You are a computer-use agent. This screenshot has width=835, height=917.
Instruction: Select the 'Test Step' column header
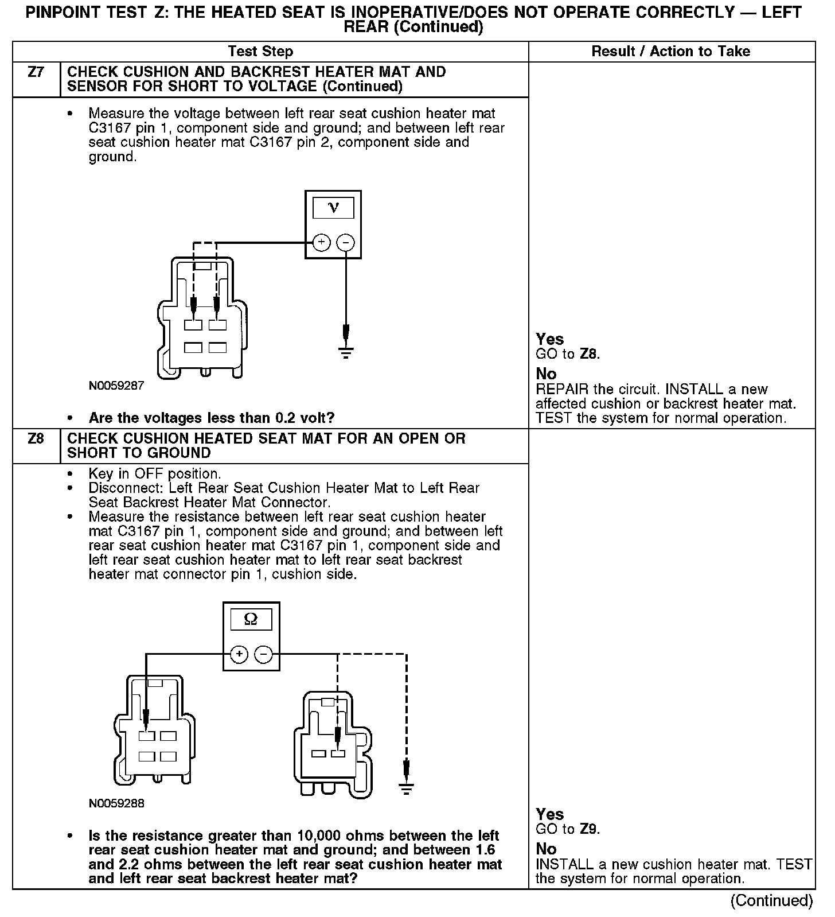260,52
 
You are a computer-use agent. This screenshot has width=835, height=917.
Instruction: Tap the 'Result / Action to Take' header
670,52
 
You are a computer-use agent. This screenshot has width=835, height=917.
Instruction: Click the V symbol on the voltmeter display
333,208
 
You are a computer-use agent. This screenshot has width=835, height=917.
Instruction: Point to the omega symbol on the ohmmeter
251,619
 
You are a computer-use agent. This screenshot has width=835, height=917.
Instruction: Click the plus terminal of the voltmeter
321,243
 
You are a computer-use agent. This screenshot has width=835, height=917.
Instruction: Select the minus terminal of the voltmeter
345,243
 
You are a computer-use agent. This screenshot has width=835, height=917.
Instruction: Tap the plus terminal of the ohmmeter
239,654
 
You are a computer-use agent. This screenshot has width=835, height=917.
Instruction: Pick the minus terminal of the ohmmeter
263,654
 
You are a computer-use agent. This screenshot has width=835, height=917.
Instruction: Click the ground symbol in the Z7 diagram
346,351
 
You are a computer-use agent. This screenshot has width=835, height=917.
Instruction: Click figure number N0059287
116,386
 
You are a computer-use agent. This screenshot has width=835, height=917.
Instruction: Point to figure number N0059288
116,803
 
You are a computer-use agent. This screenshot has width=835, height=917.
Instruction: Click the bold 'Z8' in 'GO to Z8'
589,354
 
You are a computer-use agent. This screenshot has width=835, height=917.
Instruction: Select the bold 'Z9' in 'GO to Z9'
589,829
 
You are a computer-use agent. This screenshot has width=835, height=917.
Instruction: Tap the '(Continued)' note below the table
771,901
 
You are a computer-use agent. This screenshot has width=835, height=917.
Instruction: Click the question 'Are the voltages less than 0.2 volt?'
211,418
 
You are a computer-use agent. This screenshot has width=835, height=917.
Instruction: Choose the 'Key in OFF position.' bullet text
155,474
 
